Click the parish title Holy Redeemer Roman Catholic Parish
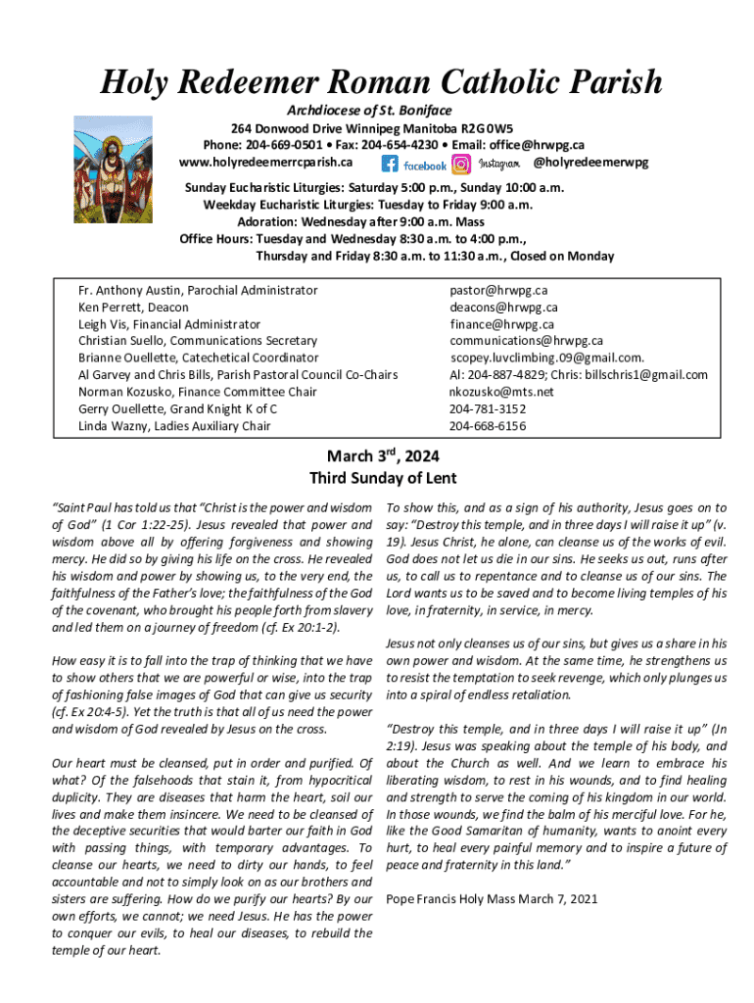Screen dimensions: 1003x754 tap(381, 82)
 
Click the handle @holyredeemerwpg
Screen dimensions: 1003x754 tap(589, 162)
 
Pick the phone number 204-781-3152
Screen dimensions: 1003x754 tap(488, 408)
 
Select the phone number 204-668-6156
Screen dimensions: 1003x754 tap(488, 426)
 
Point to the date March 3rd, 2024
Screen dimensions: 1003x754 tap(383, 456)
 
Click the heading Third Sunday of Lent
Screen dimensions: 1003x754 tap(383, 479)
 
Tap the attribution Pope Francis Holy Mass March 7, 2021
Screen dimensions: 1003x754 tap(493, 898)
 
